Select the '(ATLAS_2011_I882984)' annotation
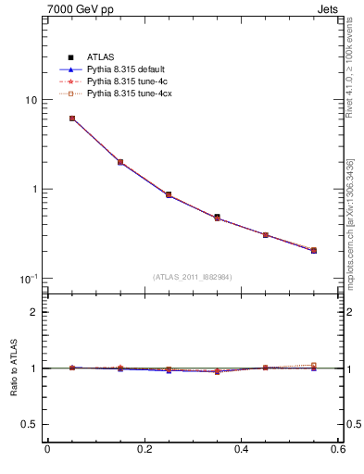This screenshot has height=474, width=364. click(x=193, y=278)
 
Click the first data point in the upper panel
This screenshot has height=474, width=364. click(x=72, y=118)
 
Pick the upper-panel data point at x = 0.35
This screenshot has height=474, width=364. click(x=218, y=218)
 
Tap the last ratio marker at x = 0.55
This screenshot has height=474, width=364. click(x=314, y=366)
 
